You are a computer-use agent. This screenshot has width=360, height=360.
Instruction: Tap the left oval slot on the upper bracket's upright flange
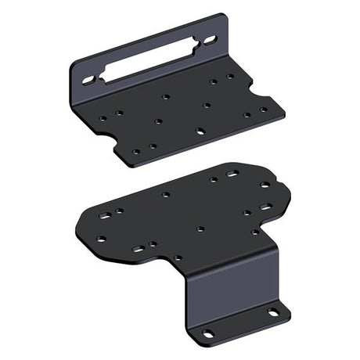[88, 80]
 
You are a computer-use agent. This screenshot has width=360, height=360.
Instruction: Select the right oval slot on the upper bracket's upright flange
[210, 38]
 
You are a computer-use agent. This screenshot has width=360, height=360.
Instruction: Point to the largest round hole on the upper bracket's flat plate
[201, 131]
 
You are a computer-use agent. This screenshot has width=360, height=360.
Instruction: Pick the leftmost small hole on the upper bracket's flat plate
[103, 118]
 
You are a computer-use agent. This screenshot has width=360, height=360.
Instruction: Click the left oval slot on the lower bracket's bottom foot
[208, 333]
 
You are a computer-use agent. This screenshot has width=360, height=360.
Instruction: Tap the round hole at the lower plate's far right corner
[265, 185]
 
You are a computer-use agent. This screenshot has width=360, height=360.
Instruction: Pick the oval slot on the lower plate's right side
[266, 207]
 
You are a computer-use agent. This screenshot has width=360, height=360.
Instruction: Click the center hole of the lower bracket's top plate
[200, 229]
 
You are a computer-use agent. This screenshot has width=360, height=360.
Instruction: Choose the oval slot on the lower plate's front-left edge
[138, 249]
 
